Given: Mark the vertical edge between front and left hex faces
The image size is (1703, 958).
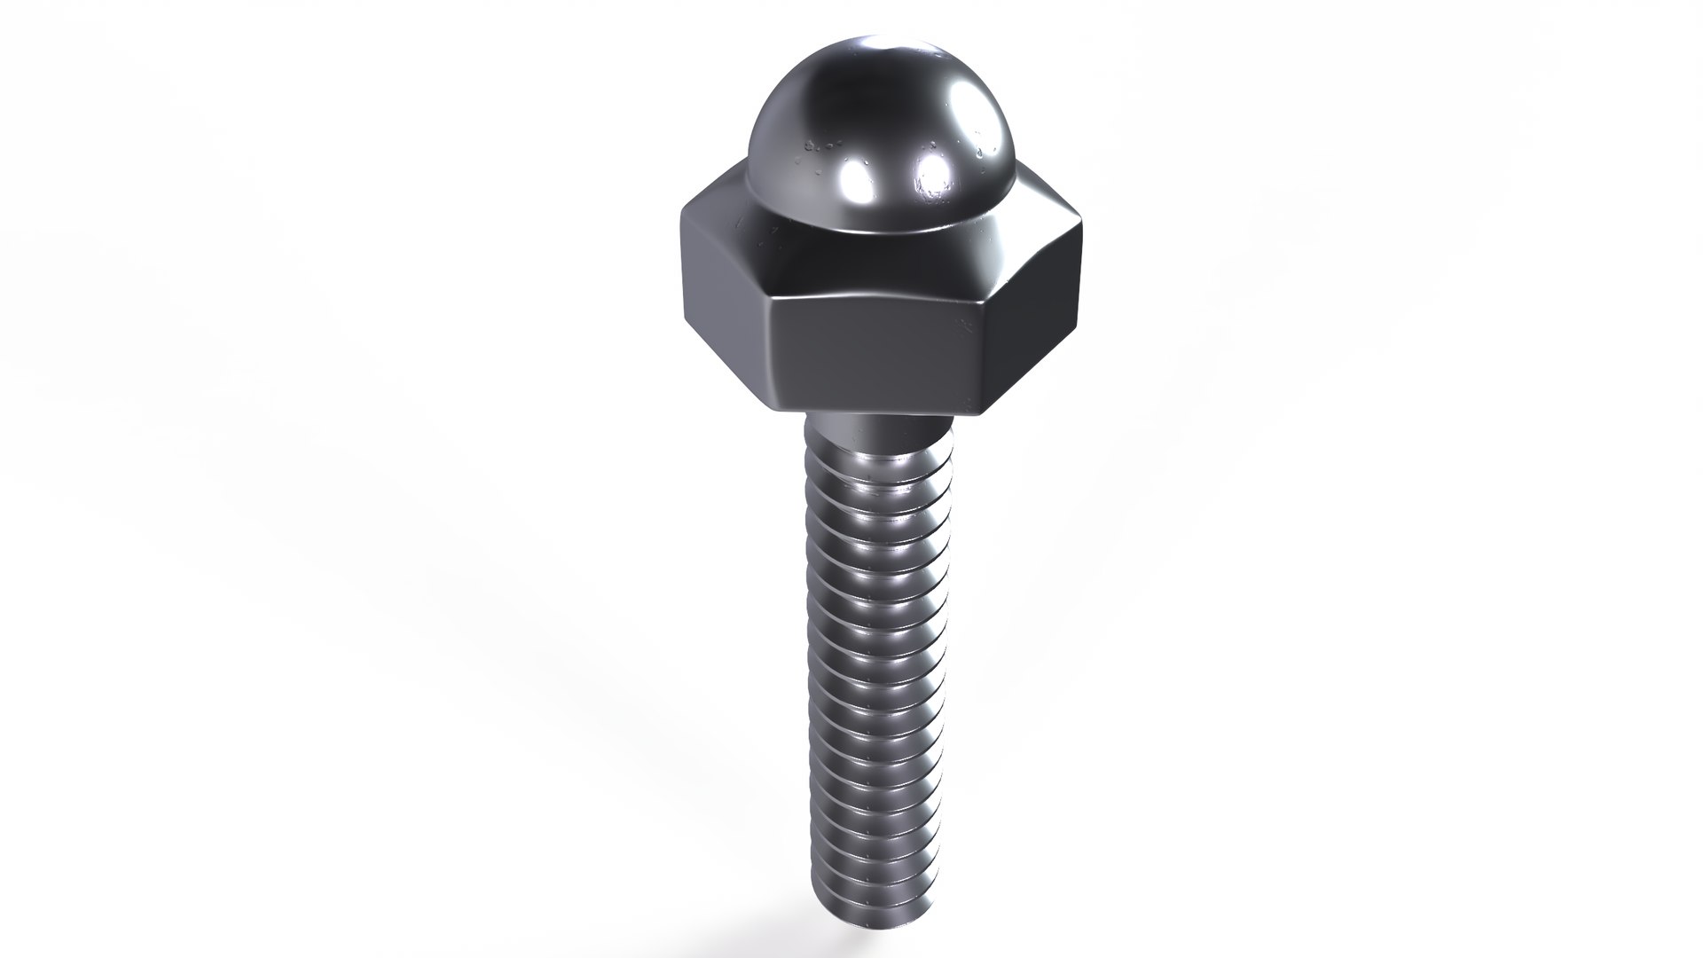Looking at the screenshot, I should coord(769,346).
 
